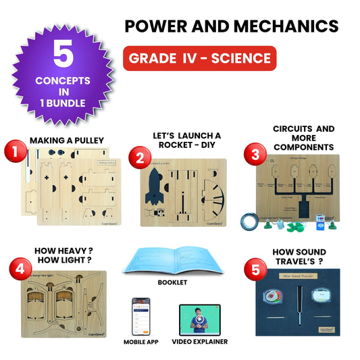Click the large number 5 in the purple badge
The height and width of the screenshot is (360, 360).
[x=62, y=57]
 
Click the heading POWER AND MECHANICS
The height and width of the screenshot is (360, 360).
[x=232, y=26]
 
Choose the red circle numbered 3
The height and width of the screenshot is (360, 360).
[x=255, y=154]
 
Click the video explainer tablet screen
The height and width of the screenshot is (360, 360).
[x=199, y=318]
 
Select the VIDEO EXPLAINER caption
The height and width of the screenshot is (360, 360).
[x=199, y=342]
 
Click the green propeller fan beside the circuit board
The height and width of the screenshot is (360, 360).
[x=295, y=224]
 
